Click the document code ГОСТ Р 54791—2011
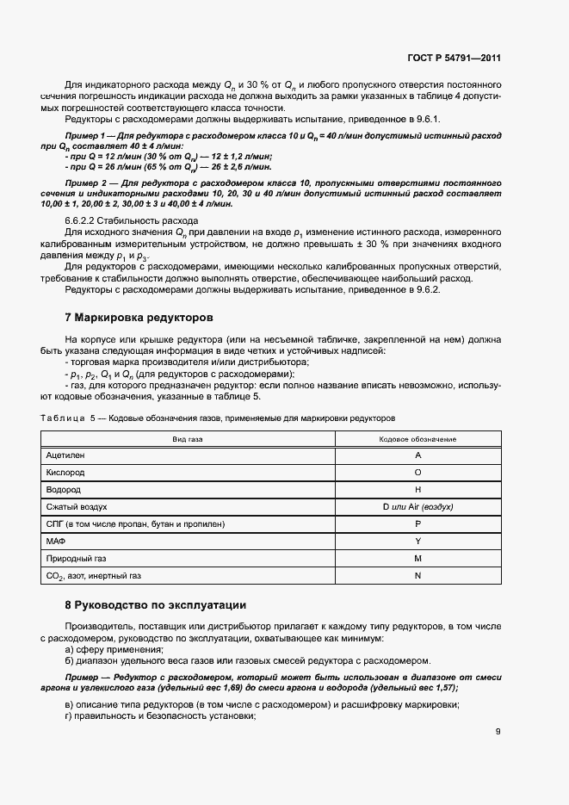coord(453,59)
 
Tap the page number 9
coord(498,732)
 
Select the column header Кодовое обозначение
coord(417,439)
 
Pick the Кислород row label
coord(65,472)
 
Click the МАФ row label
coord(56,541)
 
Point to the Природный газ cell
coord(74,558)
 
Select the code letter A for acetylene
coord(417,455)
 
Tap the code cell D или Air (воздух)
coord(417,506)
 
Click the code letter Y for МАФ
coord(417,541)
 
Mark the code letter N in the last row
coord(417,575)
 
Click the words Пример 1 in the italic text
coord(84,137)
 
